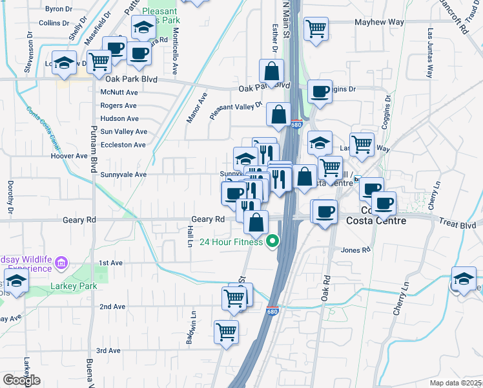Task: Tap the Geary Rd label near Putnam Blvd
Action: point(79,220)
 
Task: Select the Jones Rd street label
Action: point(356,250)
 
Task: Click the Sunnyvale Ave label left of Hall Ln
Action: point(123,175)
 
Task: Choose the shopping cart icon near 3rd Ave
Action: point(226,332)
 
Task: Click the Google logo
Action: point(21,381)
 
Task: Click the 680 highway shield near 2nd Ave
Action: point(272,311)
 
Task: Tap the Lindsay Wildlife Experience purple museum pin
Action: point(61,263)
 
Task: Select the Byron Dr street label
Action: point(59,9)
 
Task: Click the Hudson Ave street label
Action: point(119,118)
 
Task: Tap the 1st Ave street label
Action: point(110,263)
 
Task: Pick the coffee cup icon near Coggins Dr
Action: point(320,92)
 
